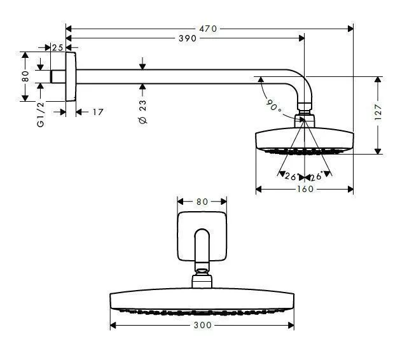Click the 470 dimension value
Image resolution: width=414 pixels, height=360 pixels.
[x=209, y=29]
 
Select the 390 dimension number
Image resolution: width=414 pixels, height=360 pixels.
[x=187, y=39]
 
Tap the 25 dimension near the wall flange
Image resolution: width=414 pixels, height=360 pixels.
[x=57, y=48]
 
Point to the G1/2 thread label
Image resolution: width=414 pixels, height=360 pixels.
[x=40, y=114]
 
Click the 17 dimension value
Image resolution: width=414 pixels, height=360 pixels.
[x=97, y=112]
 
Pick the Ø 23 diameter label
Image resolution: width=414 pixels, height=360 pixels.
[x=142, y=111]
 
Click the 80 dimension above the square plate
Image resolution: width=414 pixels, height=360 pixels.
[x=202, y=202]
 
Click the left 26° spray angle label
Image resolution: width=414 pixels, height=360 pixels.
[x=291, y=176]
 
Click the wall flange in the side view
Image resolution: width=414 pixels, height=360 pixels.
[x=71, y=76]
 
